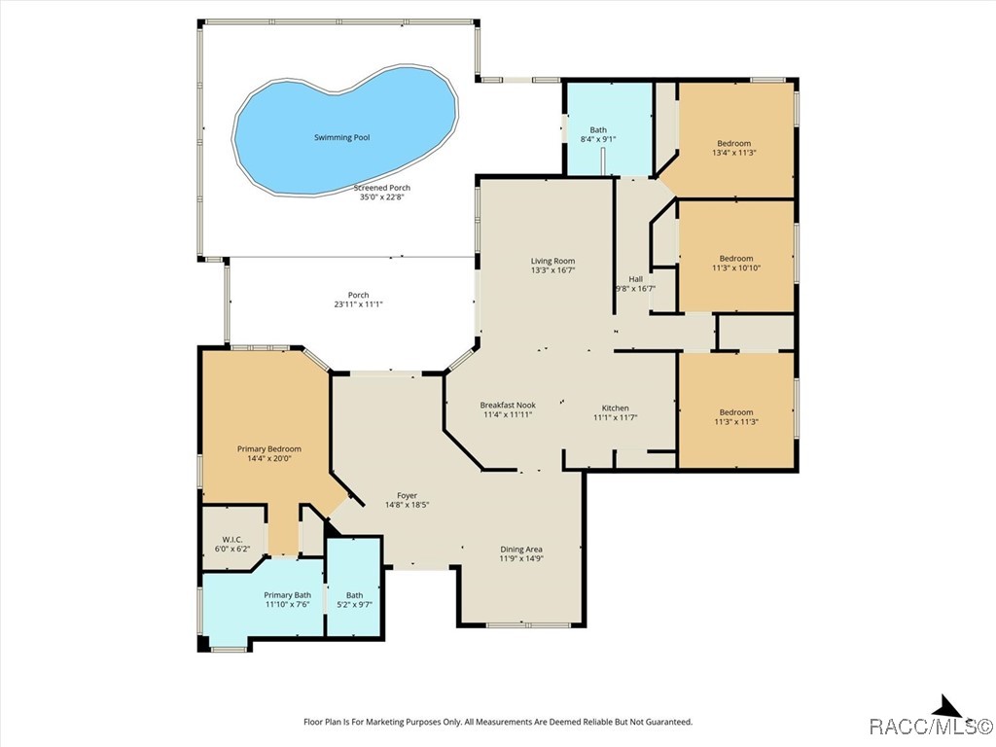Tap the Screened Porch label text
click(x=381, y=188)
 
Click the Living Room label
click(x=552, y=261)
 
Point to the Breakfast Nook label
click(x=507, y=406)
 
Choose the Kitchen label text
click(x=615, y=408)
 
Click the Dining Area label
click(x=520, y=550)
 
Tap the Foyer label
click(x=407, y=496)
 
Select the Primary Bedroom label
click(x=269, y=449)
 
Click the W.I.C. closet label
click(x=231, y=540)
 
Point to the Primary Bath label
click(x=287, y=595)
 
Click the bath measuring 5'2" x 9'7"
click(x=354, y=600)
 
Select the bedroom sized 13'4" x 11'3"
click(x=734, y=148)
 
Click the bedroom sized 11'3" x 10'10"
click(x=735, y=263)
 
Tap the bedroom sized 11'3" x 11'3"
click(x=735, y=416)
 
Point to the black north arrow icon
click(x=946, y=707)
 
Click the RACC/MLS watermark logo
click(x=929, y=727)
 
